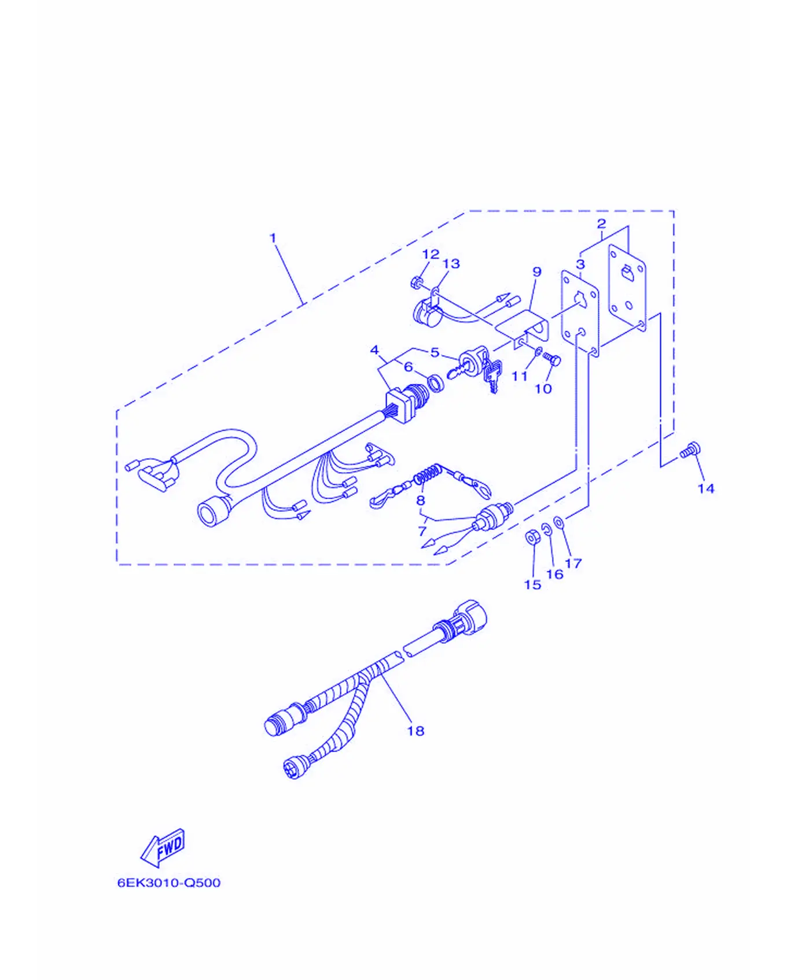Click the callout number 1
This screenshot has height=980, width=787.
tap(273, 238)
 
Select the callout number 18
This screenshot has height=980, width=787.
tap(415, 731)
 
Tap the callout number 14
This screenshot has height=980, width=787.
tap(706, 489)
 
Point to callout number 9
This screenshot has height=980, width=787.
tap(537, 272)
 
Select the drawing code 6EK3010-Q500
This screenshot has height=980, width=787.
tap(169, 883)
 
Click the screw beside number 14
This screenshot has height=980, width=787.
tap(690, 450)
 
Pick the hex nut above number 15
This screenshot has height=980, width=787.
tap(532, 537)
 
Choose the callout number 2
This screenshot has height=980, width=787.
tap(601, 223)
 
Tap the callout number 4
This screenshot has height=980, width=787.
tap(374, 350)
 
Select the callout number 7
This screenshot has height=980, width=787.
tap(422, 530)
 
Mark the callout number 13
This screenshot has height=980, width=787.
tap(451, 264)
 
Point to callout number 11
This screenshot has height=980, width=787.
tap(520, 376)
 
